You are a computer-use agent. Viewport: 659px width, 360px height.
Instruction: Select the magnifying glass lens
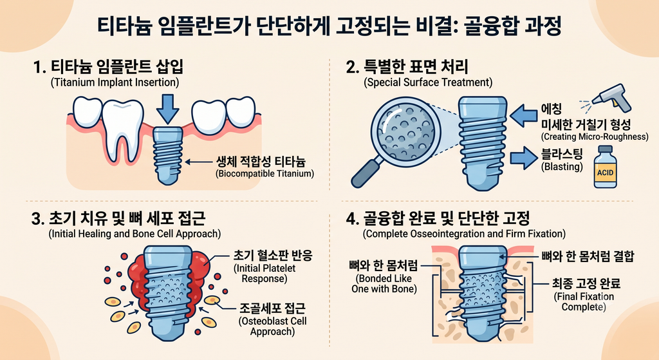405,129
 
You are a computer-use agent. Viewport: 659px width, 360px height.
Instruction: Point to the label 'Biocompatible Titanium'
265,174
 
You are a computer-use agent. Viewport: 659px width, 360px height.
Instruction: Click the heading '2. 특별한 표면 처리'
407,67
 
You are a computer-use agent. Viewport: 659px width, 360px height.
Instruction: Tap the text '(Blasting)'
562,167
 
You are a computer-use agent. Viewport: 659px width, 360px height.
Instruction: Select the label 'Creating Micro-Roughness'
594,137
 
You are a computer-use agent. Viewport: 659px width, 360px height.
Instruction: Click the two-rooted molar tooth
123,130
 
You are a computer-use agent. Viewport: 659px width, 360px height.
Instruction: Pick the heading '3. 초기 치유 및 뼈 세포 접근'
118,218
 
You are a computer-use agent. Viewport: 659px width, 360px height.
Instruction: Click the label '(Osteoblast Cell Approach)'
273,327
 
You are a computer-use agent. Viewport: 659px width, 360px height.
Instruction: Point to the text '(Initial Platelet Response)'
265,273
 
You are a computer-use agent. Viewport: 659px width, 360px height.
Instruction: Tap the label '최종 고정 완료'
586,283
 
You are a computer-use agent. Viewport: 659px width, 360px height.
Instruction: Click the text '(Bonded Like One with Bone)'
384,284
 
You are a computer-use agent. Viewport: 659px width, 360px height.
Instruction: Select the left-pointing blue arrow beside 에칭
523,116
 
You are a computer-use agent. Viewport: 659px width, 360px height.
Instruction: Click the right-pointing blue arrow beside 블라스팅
524,158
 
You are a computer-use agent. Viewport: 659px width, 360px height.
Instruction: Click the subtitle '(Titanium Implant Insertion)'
115,82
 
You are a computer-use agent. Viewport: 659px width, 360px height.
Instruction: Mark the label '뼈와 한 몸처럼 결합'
588,256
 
